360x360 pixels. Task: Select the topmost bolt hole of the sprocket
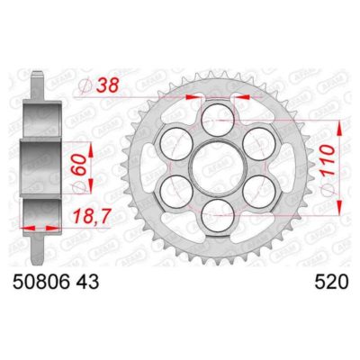coord(216,115)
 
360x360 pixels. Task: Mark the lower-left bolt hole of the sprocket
coord(174,190)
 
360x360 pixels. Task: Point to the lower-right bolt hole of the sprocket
coord(259,190)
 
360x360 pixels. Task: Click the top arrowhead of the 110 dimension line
coord(339,118)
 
